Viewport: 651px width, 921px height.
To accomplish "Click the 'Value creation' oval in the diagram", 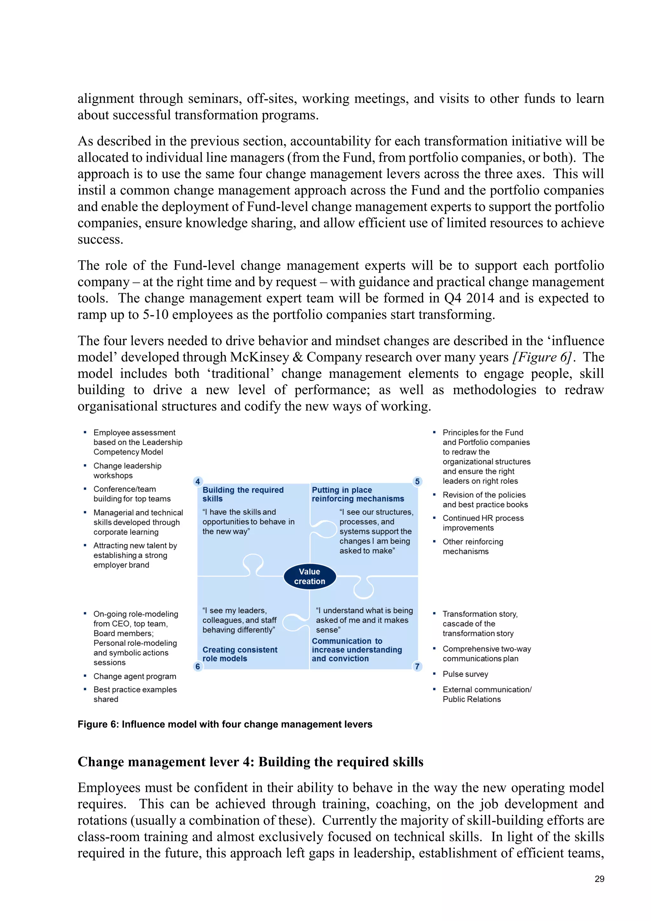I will [x=310, y=577].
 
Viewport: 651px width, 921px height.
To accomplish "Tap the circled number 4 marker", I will [x=198, y=481].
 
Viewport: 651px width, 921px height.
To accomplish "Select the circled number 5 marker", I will [x=417, y=481].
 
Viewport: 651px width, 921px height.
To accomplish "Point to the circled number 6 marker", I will [x=198, y=666].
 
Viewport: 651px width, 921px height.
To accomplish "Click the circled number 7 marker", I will [x=417, y=666].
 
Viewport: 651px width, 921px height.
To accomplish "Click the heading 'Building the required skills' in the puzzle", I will [x=243, y=494].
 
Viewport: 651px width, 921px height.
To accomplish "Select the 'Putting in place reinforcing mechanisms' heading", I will [x=358, y=494].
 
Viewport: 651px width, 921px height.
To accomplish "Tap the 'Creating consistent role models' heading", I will [x=240, y=654].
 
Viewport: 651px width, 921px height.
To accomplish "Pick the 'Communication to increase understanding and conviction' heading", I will [x=356, y=649].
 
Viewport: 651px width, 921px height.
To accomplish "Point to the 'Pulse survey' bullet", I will [x=465, y=674].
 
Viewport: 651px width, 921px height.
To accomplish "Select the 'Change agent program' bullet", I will [x=135, y=676].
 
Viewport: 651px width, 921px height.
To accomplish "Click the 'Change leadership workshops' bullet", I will [x=127, y=471].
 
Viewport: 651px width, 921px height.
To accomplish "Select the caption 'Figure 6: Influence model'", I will [x=224, y=724].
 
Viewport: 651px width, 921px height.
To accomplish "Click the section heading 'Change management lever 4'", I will [x=250, y=762].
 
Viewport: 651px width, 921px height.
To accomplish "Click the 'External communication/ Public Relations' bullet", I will [x=487, y=694].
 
